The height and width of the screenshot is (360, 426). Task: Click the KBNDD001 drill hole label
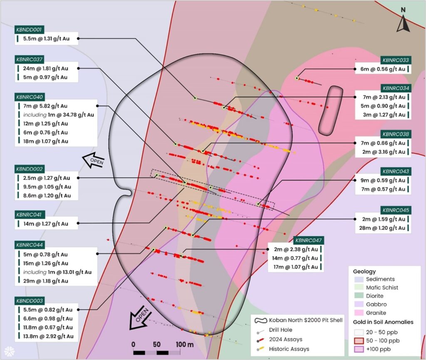[x=29, y=30]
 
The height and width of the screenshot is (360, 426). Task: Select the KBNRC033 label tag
[x=395, y=60]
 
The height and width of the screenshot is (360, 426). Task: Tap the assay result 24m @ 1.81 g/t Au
[x=46, y=69]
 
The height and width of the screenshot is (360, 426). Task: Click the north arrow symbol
[x=403, y=23]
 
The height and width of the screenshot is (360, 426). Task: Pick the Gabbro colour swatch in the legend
[x=359, y=304]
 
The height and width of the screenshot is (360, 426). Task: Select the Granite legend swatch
[x=359, y=313]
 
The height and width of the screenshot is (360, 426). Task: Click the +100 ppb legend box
[x=359, y=349]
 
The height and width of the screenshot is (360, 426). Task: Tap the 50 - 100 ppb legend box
[x=359, y=340]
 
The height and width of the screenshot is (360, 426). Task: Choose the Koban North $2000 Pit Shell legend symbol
[x=261, y=321]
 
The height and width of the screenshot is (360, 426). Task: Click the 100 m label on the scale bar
[x=185, y=345]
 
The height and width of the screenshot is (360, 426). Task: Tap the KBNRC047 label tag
[x=308, y=240]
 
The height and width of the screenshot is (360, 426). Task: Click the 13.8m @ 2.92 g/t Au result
[x=48, y=336]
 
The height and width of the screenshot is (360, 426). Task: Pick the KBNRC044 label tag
[x=30, y=245]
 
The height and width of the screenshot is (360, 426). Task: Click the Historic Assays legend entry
[x=289, y=349]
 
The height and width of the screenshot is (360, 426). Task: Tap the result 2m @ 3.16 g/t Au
[x=384, y=152]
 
